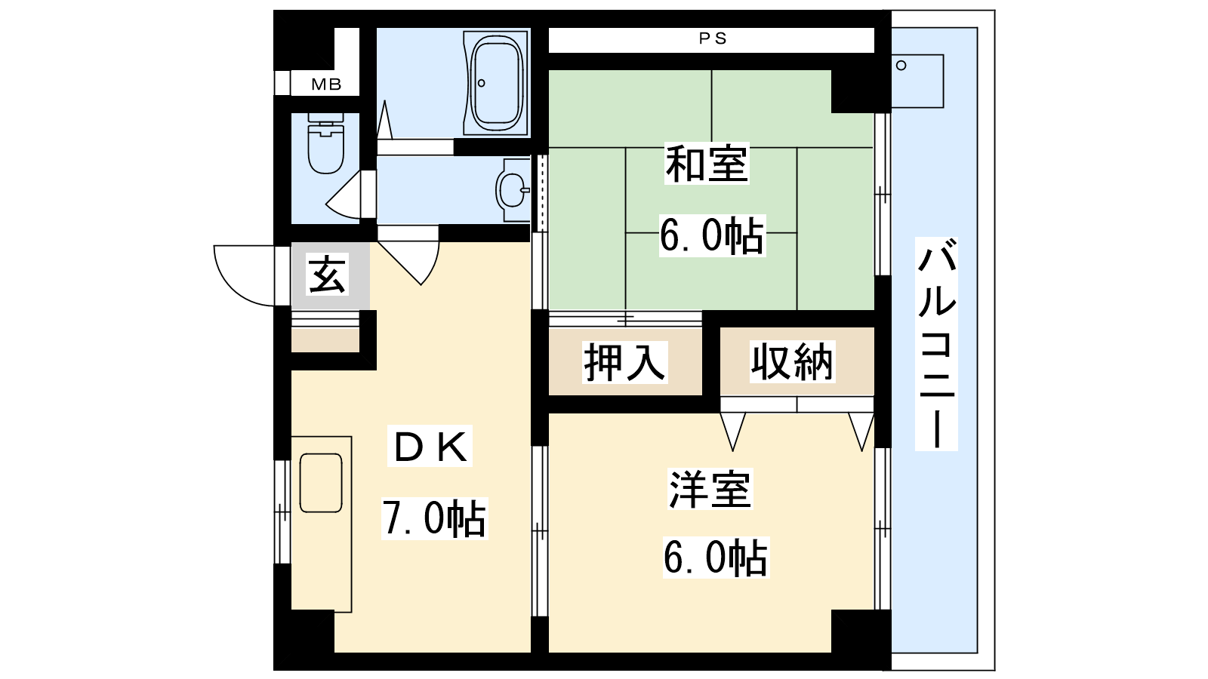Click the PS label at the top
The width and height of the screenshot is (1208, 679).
click(x=713, y=38)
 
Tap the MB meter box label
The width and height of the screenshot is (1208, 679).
click(x=326, y=84)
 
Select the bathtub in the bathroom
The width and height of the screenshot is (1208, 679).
click(x=496, y=83)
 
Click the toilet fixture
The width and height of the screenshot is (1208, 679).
click(x=325, y=143)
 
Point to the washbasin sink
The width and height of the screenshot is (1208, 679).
click(x=513, y=189)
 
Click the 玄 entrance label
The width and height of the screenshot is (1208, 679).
click(x=328, y=274)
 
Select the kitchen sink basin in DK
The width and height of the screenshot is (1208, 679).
click(x=321, y=483)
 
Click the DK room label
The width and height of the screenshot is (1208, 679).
click(x=430, y=447)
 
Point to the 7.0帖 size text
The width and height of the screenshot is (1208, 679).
click(x=434, y=518)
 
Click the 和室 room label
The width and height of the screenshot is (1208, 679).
click(x=707, y=163)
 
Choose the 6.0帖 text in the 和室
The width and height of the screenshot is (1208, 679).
click(x=712, y=235)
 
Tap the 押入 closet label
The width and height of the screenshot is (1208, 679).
click(x=624, y=362)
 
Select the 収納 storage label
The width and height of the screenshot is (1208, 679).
click(x=792, y=361)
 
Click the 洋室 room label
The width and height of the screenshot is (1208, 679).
click(x=710, y=490)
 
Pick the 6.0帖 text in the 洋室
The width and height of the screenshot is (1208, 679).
click(x=716, y=558)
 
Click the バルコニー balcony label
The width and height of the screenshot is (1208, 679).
click(x=937, y=344)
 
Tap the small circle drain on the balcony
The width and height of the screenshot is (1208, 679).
click(x=901, y=66)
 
